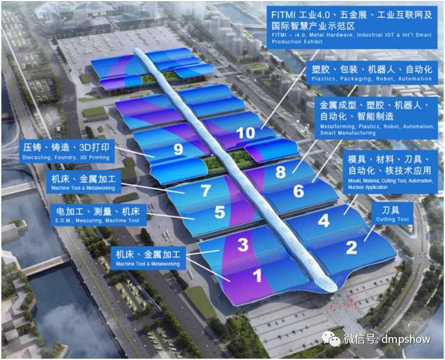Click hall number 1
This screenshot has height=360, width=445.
(x=257, y=275)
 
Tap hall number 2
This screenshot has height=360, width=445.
(x=351, y=247)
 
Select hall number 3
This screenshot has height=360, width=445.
(x=243, y=245)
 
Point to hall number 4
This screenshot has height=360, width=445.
(x=323, y=220)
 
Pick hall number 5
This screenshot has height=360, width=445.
(x=220, y=212)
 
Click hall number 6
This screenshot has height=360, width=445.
(x=298, y=191)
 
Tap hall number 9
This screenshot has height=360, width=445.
(x=178, y=150)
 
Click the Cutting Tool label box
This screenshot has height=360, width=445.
(x=393, y=213)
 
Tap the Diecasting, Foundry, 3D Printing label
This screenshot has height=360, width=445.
(x=66, y=151)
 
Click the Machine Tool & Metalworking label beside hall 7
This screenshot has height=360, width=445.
(x=83, y=182)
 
